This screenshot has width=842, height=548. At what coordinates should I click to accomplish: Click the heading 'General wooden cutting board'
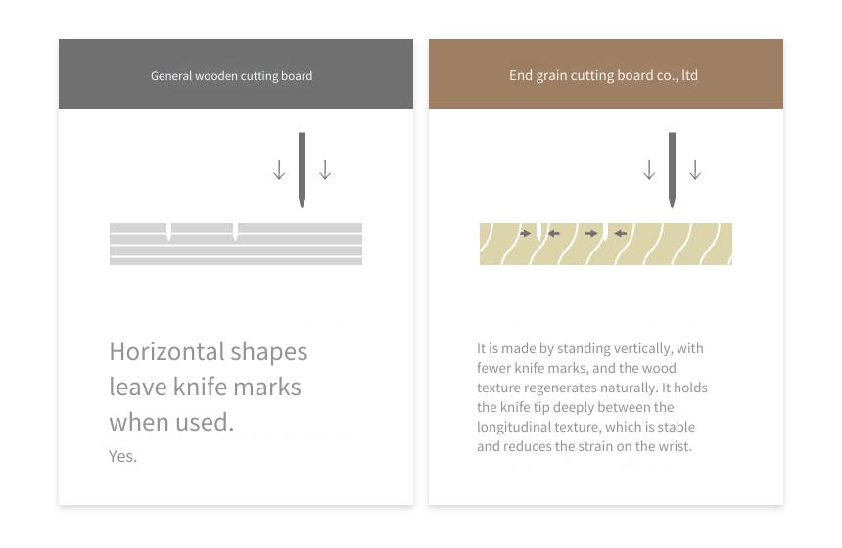point(231,76)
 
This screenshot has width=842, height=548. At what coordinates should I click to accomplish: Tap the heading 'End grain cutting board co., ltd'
point(603,75)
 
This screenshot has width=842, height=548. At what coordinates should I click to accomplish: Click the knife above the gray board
point(302,170)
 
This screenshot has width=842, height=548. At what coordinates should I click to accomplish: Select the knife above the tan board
point(672,170)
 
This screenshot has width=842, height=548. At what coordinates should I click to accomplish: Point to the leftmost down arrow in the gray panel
point(279,169)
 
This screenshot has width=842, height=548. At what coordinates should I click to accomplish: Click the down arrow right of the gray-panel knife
point(325,169)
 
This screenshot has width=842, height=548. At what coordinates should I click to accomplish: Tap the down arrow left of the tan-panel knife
point(649,169)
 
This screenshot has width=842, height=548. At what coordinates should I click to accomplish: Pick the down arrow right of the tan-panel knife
point(695,169)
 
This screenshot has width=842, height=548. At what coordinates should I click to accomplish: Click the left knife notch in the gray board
point(168,231)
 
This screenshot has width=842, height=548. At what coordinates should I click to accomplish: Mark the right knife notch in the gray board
point(235,231)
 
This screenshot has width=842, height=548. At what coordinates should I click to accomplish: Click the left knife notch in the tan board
point(539,231)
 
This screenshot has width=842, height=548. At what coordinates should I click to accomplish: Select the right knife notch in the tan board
point(605,231)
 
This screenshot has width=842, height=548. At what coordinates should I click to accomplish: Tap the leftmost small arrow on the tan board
point(525,233)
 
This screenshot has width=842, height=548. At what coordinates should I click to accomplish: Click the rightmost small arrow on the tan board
point(621,233)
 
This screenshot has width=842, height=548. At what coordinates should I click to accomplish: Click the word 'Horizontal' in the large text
point(167,352)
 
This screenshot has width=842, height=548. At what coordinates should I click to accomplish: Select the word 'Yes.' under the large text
point(123,456)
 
